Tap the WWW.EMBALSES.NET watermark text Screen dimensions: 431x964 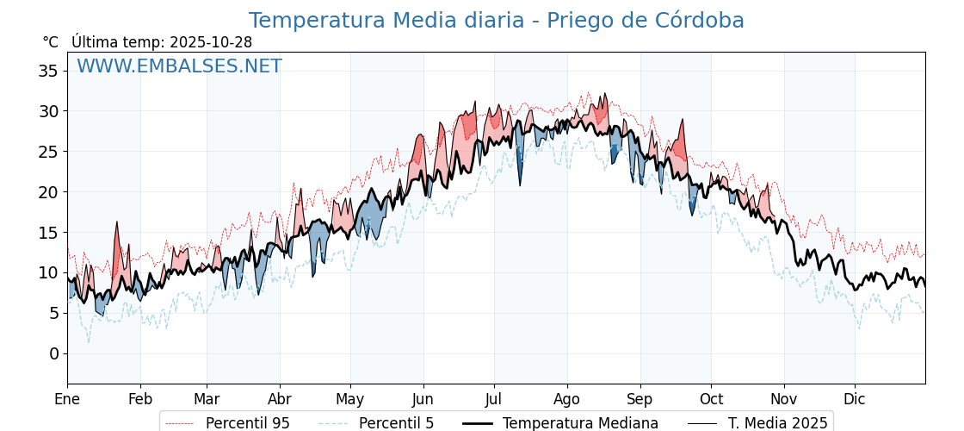[179, 66]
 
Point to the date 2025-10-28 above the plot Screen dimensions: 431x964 [211, 42]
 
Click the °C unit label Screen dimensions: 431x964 [51, 42]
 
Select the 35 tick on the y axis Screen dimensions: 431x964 [48, 71]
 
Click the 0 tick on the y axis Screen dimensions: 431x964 [53, 353]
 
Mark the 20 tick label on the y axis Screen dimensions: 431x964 [48, 192]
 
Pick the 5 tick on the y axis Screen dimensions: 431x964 [53, 313]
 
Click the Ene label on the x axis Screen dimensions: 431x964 [67, 399]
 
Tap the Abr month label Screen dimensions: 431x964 [280, 399]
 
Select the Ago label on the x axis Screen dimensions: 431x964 [567, 399]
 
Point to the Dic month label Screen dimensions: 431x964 [855, 399]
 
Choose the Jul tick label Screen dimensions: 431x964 [494, 399]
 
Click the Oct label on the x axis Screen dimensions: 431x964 [711, 399]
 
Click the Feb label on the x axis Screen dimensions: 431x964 [140, 399]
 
